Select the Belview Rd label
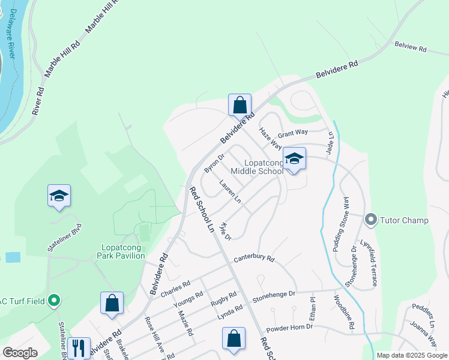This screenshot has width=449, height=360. (410, 47)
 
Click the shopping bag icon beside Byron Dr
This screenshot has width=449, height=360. (240, 105)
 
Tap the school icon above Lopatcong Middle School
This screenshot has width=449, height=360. (294, 159)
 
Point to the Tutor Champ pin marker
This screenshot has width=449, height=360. (370, 220)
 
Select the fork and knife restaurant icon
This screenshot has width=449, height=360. (78, 347)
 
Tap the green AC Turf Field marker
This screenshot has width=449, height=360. (54, 301)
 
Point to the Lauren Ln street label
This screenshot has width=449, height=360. (230, 192)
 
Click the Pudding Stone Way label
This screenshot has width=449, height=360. (340, 223)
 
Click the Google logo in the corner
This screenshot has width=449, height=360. (20, 353)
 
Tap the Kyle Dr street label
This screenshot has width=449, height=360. (225, 232)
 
